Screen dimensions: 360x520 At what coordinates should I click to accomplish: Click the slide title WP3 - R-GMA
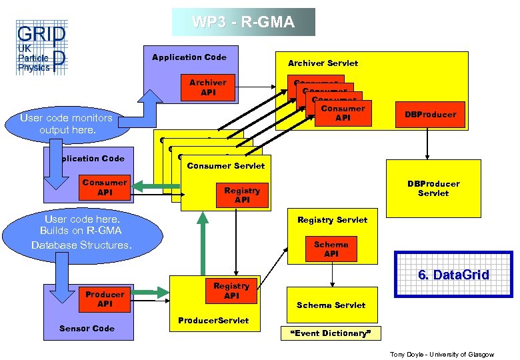click(x=243, y=22)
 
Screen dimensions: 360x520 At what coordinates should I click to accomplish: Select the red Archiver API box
click(x=208, y=87)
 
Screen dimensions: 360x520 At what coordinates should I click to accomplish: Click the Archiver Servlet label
click(x=323, y=63)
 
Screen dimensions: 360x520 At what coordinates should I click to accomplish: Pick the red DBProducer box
click(x=430, y=115)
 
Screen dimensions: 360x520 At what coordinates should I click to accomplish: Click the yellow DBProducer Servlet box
click(x=433, y=188)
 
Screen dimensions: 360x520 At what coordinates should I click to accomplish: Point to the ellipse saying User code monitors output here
click(x=67, y=123)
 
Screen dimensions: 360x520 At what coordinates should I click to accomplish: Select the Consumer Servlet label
click(x=226, y=165)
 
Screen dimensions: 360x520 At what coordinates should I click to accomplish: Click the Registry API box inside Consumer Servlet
click(x=242, y=195)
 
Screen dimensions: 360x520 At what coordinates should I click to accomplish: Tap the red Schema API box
click(x=331, y=249)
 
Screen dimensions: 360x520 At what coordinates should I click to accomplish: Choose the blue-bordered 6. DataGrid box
click(x=453, y=274)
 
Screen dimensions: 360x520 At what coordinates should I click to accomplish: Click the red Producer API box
click(x=105, y=299)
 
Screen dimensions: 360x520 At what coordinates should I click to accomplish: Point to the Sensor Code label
click(x=87, y=328)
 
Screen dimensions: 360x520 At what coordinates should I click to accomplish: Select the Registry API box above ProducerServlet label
click(x=231, y=290)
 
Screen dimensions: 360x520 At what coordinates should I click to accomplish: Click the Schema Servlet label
click(x=331, y=305)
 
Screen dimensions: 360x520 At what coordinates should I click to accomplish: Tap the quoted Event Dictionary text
click(x=331, y=333)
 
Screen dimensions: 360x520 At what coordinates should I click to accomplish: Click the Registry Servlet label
click(x=332, y=219)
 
